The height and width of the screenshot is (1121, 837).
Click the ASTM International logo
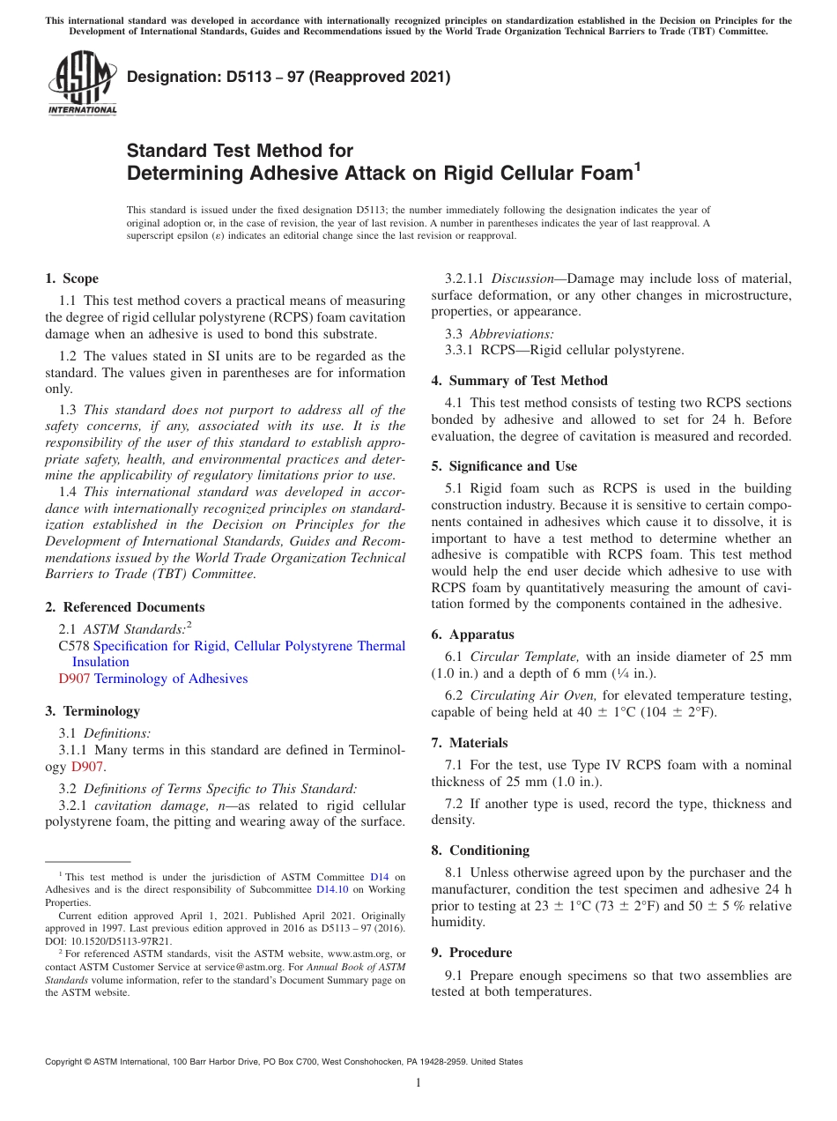pos(82,84)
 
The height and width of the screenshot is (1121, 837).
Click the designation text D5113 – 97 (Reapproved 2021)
pos(289,77)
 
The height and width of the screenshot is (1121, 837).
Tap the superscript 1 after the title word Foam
pos(637,165)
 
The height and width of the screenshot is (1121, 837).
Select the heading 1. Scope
pos(72,278)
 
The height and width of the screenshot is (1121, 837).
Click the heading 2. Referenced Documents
pos(124,607)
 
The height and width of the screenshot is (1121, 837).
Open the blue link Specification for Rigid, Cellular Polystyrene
pos(248,646)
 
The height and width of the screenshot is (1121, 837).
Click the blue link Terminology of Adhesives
pos(171,679)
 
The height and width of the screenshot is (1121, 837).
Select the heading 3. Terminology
pos(93,711)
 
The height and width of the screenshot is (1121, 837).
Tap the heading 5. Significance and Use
pos(504,466)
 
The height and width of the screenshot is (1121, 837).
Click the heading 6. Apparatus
pos(472,635)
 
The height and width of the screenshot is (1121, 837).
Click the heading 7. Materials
pos(469,743)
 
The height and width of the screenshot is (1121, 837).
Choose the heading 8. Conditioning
pos(480,850)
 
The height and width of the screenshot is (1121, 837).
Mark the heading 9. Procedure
pos(471,953)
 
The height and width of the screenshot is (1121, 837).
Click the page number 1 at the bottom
pos(418,1083)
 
